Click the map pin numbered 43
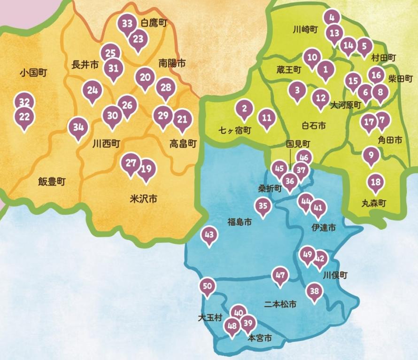pos(209,235)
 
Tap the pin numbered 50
pos(208,286)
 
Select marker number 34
pos(78,127)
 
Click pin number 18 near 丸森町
pos(375,182)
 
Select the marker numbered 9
pos(371,155)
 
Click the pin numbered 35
pos(263,205)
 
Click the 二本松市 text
pos(280,304)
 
